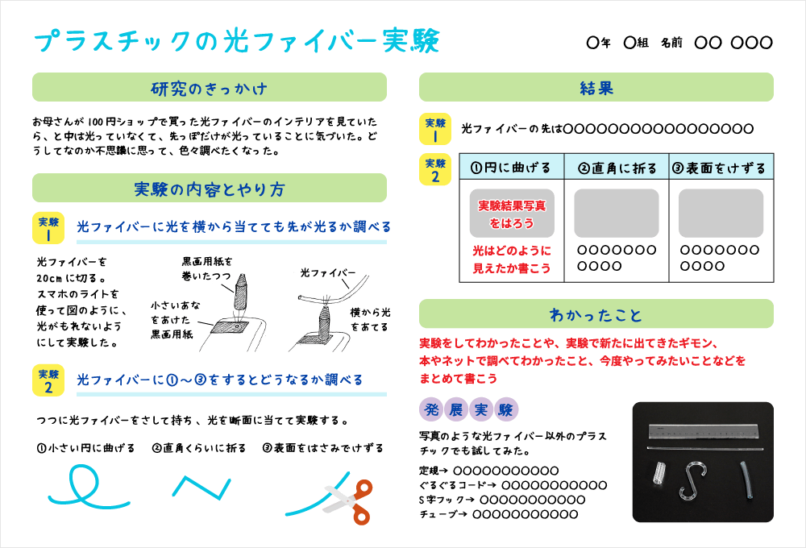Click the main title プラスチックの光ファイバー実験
(239, 41)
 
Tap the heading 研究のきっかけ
(210, 88)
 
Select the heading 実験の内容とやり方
(210, 189)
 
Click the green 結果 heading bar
(596, 88)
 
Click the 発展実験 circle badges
(469, 410)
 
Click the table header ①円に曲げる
(511, 168)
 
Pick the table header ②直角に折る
(617, 168)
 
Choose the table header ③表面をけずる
(720, 168)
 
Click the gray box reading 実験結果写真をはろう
(511, 214)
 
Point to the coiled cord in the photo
(659, 473)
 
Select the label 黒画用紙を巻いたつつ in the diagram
(207, 269)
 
